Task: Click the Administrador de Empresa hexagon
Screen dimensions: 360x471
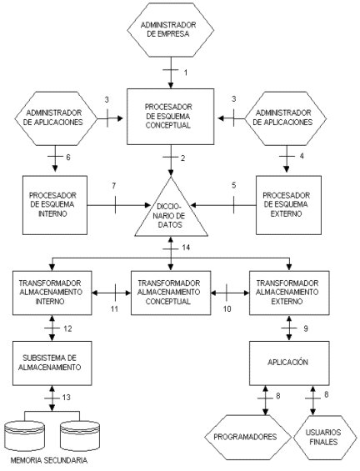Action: coord(171,30)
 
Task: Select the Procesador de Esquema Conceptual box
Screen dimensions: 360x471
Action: coord(171,117)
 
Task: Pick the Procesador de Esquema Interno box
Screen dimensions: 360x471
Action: coord(55,205)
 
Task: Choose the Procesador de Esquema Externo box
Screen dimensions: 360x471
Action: coord(288,205)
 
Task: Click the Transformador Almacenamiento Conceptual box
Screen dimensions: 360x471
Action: coord(171,293)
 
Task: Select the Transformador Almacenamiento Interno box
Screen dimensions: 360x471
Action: coord(52,293)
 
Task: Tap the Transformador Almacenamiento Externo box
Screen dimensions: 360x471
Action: coord(289,293)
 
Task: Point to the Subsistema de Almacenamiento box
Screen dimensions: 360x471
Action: coord(52,363)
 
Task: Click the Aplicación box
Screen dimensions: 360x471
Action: coord(289,363)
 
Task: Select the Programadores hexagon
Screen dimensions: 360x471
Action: coord(247,437)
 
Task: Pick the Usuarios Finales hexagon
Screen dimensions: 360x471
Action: coord(322,437)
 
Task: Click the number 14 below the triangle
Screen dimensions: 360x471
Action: coord(186,248)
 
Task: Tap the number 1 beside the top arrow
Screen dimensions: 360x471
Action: coord(186,73)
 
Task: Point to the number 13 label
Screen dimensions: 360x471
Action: coord(66,398)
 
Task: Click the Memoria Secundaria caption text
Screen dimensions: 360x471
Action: coord(49,460)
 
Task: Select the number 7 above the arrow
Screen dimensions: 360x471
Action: coord(114,186)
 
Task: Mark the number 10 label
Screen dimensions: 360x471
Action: coord(227,308)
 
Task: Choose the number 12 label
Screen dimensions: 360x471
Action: coord(67,328)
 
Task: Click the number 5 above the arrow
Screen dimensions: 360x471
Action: coord(234,185)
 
